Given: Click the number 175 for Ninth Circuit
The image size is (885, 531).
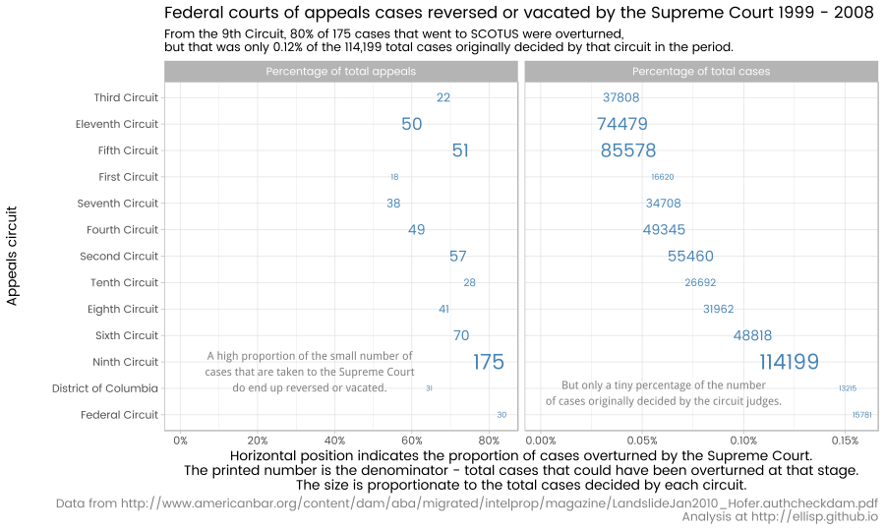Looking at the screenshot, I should click(489, 363).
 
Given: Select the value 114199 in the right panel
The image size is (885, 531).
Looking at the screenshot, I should click(789, 363).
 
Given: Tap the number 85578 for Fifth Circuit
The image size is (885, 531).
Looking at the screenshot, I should click(628, 151).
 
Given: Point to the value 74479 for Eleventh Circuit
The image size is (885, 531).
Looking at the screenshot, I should click(622, 125).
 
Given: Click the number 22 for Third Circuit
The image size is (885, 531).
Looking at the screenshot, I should click(443, 98).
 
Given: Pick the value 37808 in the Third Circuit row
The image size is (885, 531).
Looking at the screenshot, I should click(621, 98).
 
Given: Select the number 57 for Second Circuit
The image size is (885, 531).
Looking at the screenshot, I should click(458, 257).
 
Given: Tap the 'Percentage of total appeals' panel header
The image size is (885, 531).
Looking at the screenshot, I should click(340, 72).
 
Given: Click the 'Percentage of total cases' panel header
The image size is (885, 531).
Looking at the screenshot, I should click(701, 72).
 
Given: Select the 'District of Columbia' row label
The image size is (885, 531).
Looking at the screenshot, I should click(105, 389).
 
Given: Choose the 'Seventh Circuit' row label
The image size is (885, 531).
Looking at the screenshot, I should click(118, 204).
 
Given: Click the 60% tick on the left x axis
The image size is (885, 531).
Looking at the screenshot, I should click(412, 441).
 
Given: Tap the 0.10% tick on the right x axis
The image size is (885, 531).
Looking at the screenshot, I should click(743, 441).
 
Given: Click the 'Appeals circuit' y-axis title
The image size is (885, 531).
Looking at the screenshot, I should click(13, 256).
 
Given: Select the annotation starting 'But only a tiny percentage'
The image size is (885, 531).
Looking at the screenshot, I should click(664, 393).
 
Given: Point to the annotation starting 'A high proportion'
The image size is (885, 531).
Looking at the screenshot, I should click(310, 372).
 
